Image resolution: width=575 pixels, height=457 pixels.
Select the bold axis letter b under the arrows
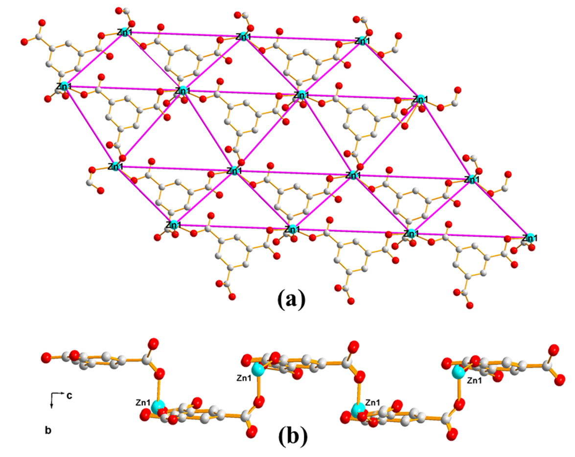pos(47,431)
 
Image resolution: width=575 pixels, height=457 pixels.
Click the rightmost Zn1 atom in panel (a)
pos(528,238)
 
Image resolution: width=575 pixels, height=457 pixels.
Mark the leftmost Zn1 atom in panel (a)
pos(62,87)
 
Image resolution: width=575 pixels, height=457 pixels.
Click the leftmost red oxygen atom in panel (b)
pos(46,356)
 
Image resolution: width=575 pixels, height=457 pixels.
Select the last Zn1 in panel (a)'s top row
pos(362,41)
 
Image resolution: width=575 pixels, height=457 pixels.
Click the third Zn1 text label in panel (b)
pos(372,402)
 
